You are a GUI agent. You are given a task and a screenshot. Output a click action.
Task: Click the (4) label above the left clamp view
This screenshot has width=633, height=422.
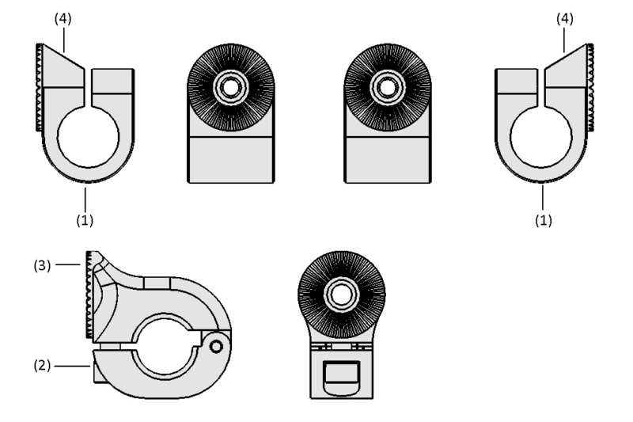click(63, 19)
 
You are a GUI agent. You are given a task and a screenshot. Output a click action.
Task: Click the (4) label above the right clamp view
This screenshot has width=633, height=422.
click(565, 19)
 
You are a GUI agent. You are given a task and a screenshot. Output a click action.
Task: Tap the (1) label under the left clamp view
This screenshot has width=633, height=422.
click(85, 220)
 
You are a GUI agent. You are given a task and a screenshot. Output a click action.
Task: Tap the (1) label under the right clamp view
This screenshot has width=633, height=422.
click(544, 220)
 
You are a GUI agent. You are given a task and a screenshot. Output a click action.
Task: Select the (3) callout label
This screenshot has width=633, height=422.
click(43, 265)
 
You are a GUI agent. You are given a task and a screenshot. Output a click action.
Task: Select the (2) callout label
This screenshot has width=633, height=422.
click(43, 366)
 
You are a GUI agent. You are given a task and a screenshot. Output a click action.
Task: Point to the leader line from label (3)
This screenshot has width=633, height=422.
click(68, 264)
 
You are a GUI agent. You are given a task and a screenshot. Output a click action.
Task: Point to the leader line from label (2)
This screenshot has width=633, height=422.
click(72, 367)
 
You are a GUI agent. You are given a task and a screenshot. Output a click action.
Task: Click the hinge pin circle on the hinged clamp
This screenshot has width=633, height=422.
click(216, 347)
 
